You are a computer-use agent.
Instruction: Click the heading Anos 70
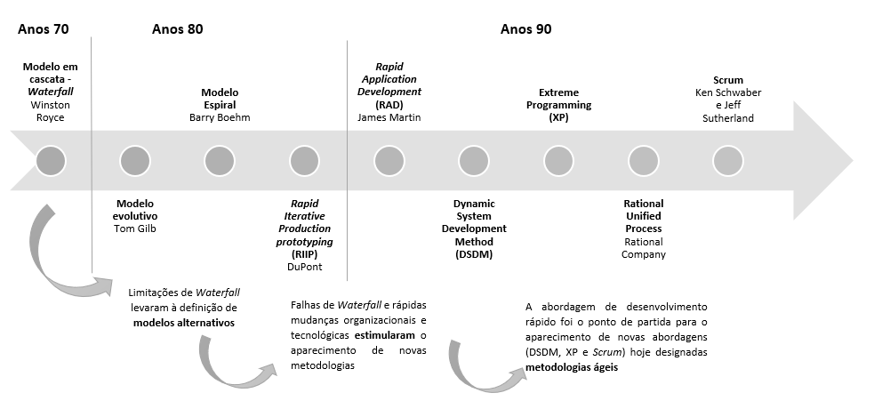[x=44, y=29]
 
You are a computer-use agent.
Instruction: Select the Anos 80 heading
[x=177, y=29]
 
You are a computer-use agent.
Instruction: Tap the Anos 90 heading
[x=525, y=29]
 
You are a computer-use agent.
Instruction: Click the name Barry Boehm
[x=220, y=117]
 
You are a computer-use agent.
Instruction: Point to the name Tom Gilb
[x=135, y=229]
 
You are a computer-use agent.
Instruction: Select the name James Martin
[x=389, y=117]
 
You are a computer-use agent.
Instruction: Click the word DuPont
[x=304, y=267]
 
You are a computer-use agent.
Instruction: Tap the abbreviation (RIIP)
[x=304, y=254]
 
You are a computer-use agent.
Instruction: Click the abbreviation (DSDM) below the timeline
[x=474, y=255]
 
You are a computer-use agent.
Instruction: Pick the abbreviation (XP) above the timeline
[x=559, y=117]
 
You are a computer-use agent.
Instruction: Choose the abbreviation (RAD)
[x=389, y=105]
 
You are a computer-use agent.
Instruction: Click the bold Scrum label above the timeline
[x=728, y=80]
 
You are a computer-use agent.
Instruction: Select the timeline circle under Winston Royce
[x=51, y=161]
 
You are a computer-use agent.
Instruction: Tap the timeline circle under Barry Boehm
[x=220, y=161]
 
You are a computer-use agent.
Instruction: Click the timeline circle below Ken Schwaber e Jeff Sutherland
[x=728, y=161]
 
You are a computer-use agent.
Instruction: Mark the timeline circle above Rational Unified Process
[x=643, y=161]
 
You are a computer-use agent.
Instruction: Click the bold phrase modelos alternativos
[x=184, y=323]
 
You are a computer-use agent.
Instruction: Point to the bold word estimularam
[x=385, y=336]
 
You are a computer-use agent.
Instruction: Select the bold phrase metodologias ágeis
[x=572, y=368]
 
